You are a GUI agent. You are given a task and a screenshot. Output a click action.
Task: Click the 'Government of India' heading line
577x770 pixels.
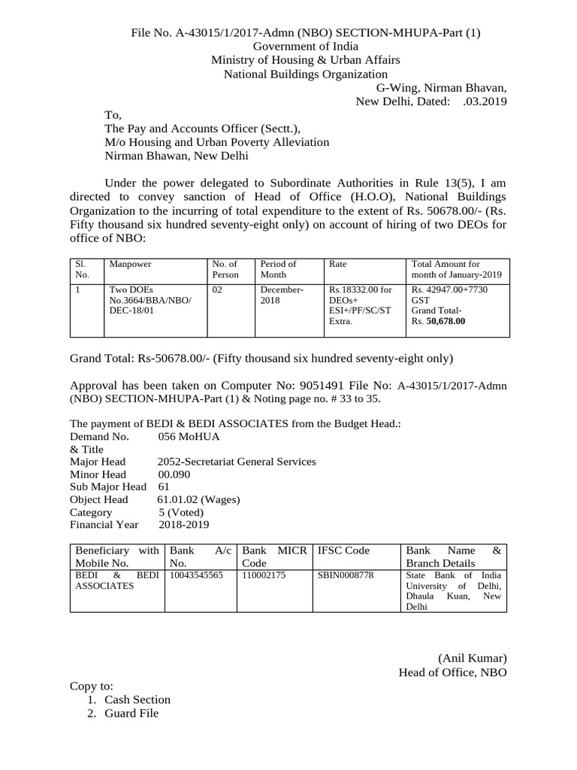pyautogui.click(x=305, y=46)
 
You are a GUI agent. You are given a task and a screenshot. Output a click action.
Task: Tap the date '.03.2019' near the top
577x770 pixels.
pyautogui.click(x=485, y=102)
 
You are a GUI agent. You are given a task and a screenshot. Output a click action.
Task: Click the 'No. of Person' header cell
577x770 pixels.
pyautogui.click(x=225, y=269)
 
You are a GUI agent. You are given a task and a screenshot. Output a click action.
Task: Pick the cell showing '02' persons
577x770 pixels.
pyautogui.click(x=218, y=289)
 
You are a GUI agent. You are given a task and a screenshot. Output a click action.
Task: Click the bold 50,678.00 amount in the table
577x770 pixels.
pyautogui.click(x=446, y=321)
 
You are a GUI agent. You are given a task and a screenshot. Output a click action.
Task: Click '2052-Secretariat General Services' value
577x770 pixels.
pyautogui.click(x=237, y=461)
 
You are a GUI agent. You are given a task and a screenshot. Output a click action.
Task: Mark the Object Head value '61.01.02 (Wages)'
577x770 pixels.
pyautogui.click(x=198, y=499)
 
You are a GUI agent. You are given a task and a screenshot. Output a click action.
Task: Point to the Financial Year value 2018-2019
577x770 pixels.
pyautogui.click(x=184, y=524)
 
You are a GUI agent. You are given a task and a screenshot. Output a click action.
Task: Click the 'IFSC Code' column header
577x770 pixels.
pyautogui.click(x=344, y=550)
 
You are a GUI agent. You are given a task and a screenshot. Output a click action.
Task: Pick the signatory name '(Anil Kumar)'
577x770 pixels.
pyautogui.click(x=473, y=658)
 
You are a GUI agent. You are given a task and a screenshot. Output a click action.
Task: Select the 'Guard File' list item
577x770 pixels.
pyautogui.click(x=131, y=713)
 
